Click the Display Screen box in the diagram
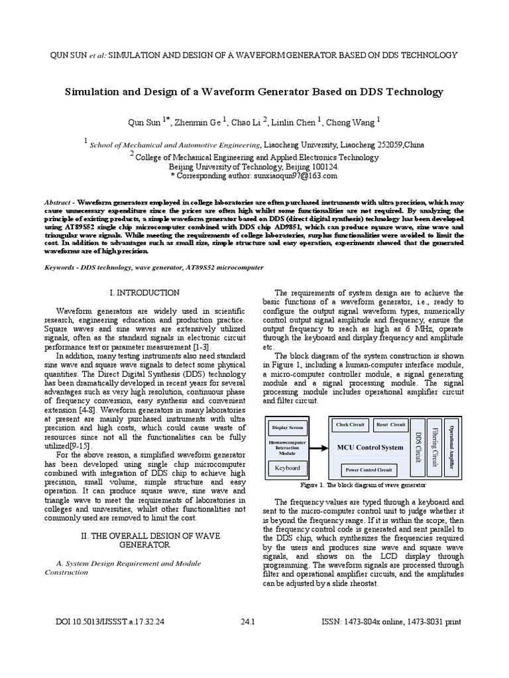click(288, 428)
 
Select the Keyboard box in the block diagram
click(288, 467)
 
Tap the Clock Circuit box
click(351, 424)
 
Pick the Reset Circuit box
click(390, 424)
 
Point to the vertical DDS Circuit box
click(418, 447)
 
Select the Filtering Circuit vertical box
click(435, 447)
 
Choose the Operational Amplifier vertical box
click(452, 447)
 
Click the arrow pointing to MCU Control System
click(317, 448)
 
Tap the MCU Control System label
click(370, 448)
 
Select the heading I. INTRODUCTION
click(144, 293)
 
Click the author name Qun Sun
click(144, 122)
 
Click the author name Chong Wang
click(357, 122)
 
